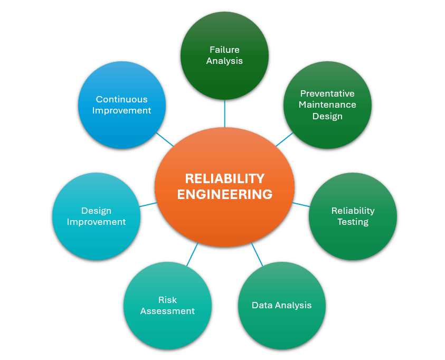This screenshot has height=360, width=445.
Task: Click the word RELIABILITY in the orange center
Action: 224,178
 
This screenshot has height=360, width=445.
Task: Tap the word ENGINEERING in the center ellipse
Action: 224,195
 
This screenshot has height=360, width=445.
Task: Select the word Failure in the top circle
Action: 224,50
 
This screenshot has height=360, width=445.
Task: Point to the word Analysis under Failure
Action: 224,61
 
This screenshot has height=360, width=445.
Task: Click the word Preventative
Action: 327,93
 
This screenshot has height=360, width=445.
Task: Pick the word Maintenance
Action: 327,105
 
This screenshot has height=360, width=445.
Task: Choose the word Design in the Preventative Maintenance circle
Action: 327,116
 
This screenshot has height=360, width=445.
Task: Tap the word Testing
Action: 353,222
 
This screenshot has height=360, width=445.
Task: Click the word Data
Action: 262,305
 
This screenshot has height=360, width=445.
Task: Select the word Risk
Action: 167,300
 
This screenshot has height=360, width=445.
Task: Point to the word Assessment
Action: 167,311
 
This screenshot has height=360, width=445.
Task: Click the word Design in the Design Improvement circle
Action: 96,211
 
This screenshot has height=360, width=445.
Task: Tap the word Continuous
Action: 121,99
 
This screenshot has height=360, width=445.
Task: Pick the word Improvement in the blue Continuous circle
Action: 121,110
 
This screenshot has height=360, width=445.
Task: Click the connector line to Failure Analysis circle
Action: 225,113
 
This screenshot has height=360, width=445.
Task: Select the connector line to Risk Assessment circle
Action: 192,254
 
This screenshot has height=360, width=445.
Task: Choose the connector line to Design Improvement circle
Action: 148,204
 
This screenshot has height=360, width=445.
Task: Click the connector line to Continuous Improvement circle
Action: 165,139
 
